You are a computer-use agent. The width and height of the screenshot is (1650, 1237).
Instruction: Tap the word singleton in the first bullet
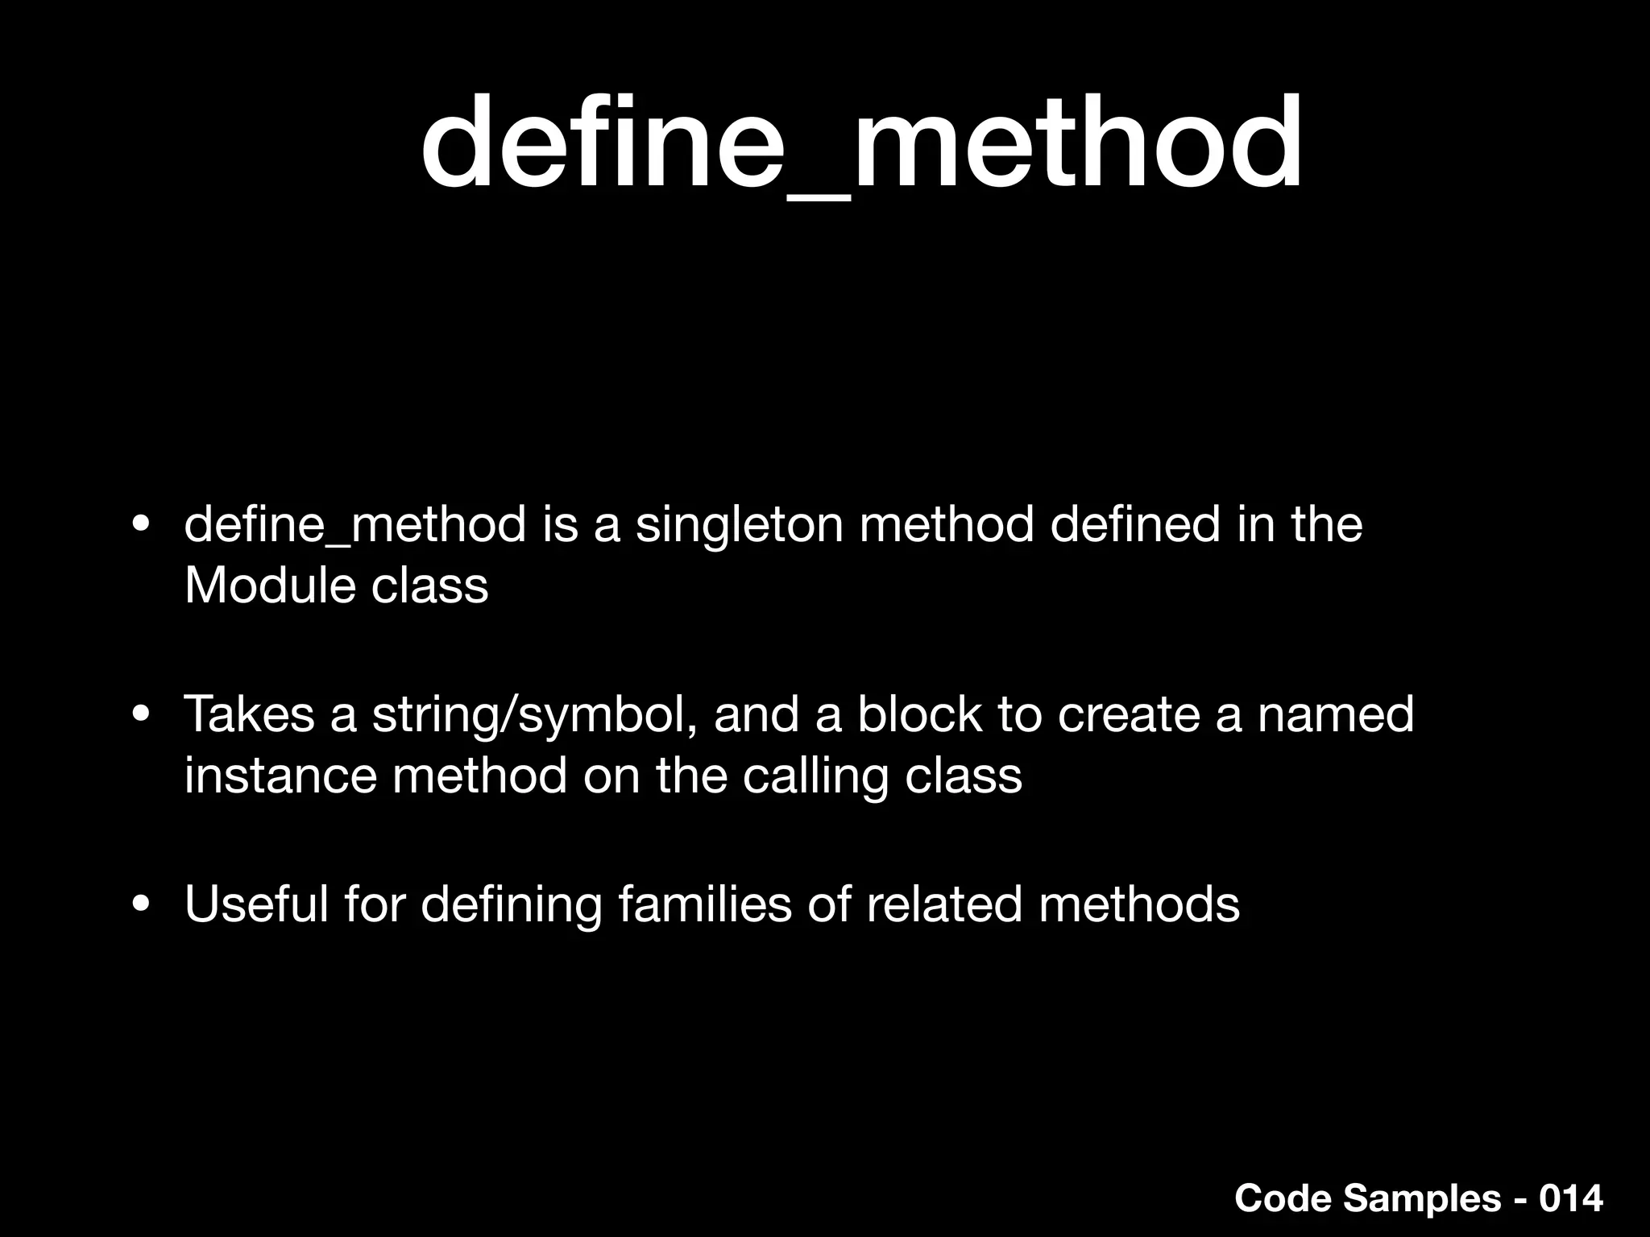coord(739,525)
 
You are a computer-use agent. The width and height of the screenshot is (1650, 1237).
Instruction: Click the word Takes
coord(249,715)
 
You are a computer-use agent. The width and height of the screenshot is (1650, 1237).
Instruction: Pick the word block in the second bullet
coord(919,715)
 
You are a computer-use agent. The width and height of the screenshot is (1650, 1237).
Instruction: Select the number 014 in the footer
coord(1570,1198)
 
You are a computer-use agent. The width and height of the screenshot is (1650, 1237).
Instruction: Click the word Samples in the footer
coord(1422,1199)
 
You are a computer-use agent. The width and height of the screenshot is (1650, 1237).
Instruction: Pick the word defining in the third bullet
coord(511,905)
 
